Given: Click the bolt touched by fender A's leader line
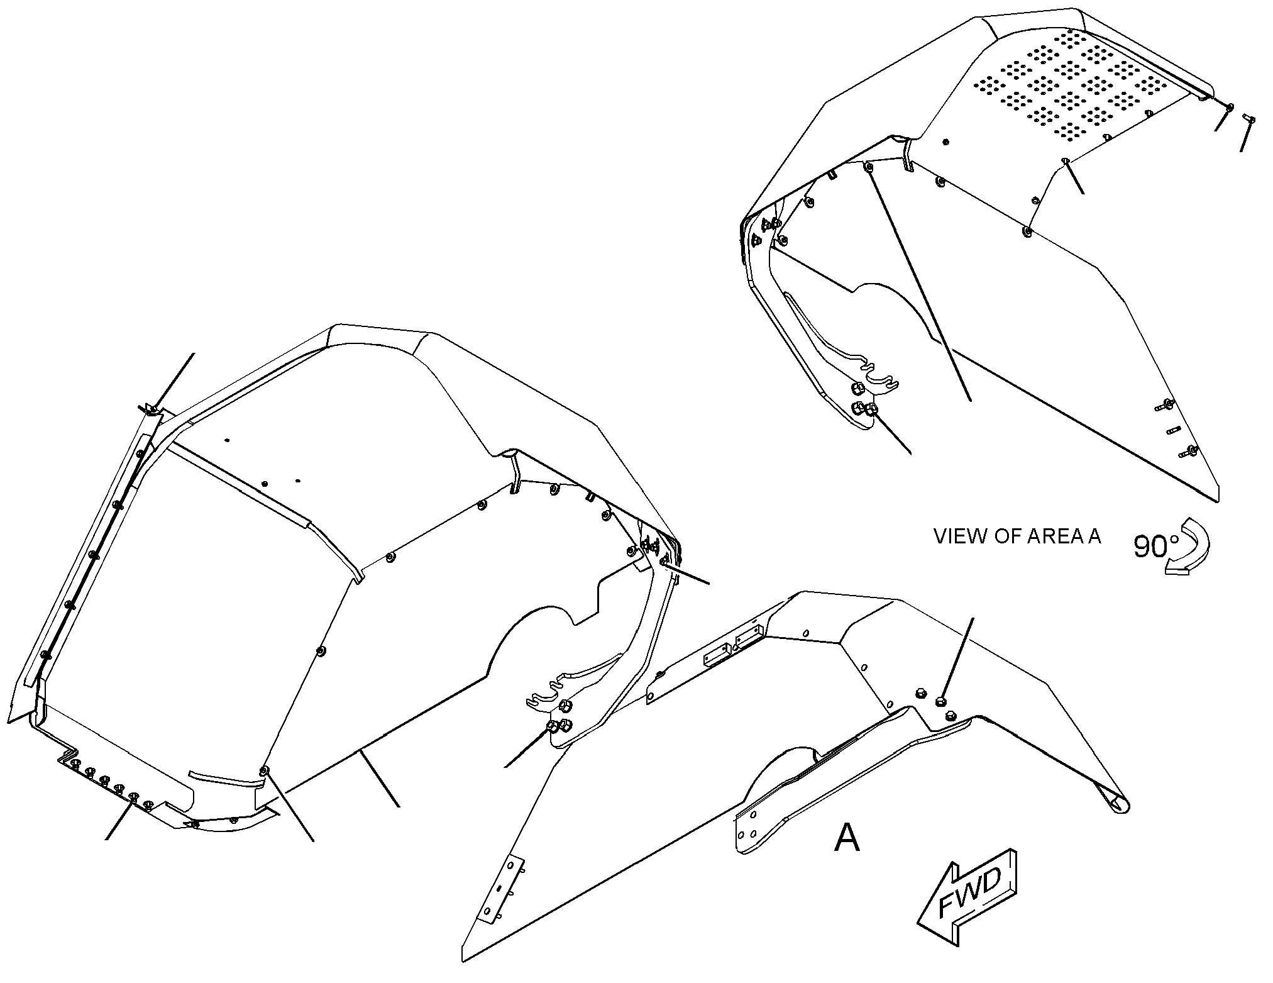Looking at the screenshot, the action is (x=941, y=701).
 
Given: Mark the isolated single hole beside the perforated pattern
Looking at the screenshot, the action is (x=947, y=142).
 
